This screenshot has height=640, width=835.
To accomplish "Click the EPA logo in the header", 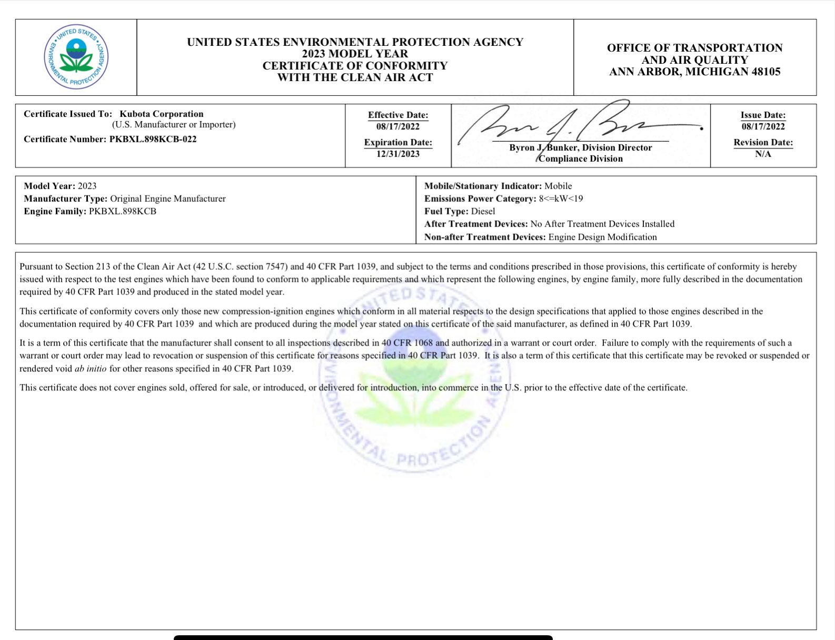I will (x=76, y=57).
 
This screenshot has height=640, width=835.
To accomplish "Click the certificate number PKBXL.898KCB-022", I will (x=153, y=139).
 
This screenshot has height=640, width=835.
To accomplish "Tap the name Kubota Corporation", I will (x=161, y=114).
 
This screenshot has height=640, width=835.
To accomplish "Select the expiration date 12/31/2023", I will (x=397, y=154).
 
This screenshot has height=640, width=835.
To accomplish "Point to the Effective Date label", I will (x=397, y=115).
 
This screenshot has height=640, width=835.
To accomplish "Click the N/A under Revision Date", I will (x=763, y=154).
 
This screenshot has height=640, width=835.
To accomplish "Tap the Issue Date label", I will (x=763, y=115).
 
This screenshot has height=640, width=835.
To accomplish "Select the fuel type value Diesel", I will (x=483, y=211).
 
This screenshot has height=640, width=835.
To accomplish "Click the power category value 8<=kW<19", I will (x=561, y=199).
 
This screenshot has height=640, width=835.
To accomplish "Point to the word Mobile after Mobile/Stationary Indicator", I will (x=558, y=186).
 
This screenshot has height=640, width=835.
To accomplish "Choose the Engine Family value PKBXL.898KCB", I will (x=123, y=211).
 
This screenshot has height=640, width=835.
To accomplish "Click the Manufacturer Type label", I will (x=66, y=199).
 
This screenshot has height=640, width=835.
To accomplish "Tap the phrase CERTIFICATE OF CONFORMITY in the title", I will (x=355, y=66).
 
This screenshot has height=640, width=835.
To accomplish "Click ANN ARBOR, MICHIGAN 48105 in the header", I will (x=694, y=72).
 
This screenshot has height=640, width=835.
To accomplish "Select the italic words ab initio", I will (x=91, y=369).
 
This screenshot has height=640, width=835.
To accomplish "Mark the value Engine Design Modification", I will (x=602, y=237).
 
